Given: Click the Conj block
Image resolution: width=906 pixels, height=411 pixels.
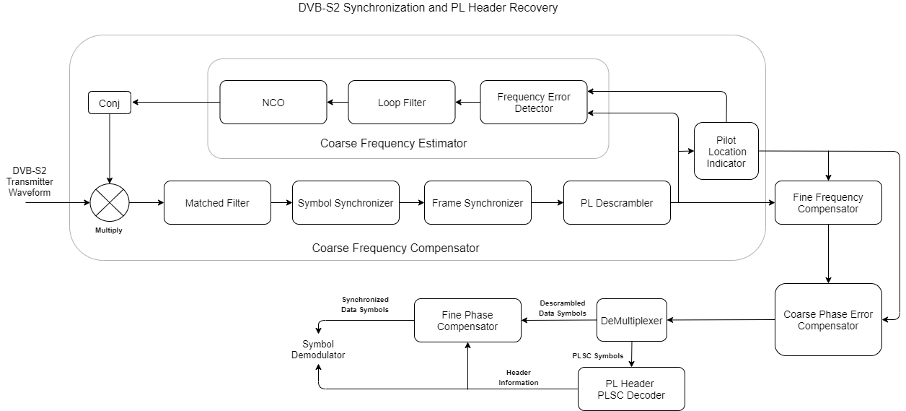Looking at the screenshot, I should [x=110, y=103].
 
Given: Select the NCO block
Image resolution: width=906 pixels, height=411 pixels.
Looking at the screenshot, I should [x=273, y=103].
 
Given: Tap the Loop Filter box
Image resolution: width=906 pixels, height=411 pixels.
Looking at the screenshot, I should [x=402, y=103].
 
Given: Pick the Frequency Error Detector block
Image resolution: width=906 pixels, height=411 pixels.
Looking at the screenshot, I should [x=534, y=103].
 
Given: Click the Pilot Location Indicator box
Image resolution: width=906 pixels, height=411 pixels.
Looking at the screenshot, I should [x=726, y=152].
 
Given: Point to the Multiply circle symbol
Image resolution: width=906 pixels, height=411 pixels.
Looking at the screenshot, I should [x=110, y=203].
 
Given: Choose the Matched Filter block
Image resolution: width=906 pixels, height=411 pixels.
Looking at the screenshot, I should [x=217, y=203].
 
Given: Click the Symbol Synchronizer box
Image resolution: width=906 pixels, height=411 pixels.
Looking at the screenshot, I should [x=346, y=203].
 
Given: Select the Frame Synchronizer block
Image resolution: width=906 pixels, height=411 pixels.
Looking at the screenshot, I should [x=478, y=203].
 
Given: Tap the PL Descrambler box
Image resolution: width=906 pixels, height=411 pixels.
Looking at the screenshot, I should [x=617, y=203].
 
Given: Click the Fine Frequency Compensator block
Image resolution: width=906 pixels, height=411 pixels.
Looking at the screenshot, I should [x=828, y=203].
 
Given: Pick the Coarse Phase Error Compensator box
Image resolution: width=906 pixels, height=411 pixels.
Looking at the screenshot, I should [x=828, y=320].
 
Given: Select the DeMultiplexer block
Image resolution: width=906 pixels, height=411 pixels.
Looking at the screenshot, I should [x=631, y=320].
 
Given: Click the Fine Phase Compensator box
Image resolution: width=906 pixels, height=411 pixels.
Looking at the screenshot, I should [x=467, y=320].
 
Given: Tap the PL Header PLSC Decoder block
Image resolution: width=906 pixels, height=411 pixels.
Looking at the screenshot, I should [x=631, y=389].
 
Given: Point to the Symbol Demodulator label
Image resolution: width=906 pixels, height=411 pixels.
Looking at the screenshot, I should [x=318, y=350].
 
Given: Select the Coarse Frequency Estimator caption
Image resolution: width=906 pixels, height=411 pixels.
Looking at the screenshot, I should [x=393, y=144].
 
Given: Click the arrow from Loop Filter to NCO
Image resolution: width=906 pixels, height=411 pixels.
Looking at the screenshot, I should [x=338, y=103].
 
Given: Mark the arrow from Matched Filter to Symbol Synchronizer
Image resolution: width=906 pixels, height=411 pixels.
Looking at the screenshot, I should [x=281, y=203].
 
